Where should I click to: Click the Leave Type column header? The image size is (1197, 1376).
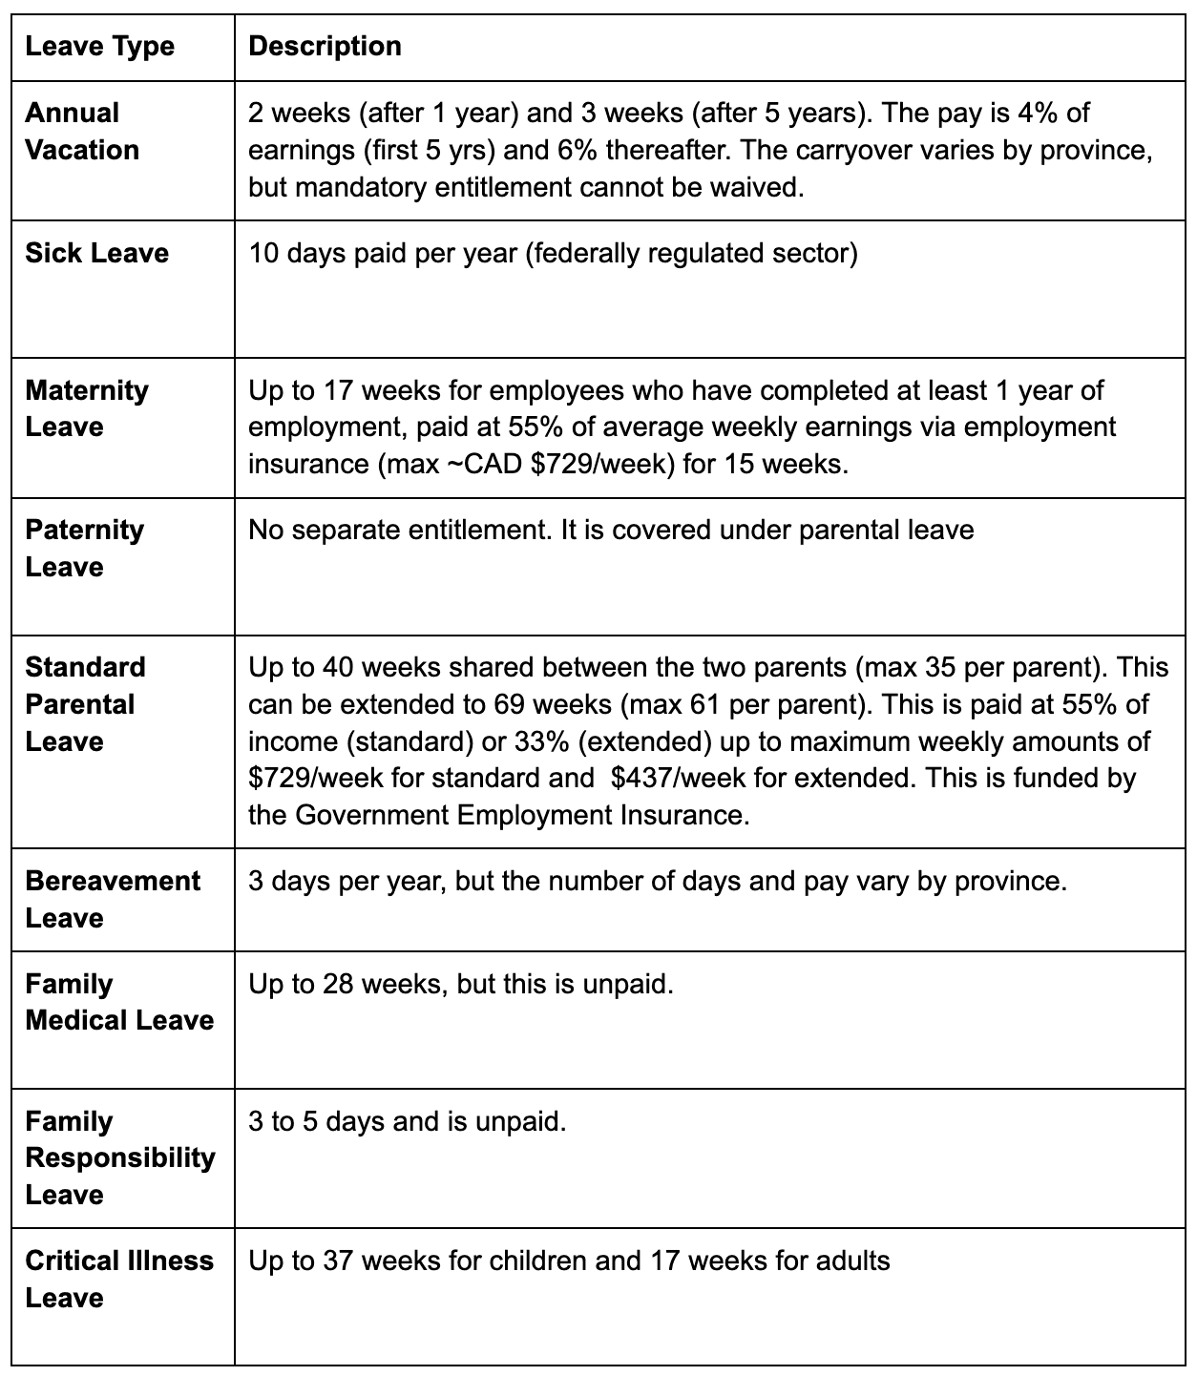[100, 47]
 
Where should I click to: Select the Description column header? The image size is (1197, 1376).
[325, 47]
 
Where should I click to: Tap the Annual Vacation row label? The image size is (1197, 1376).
[82, 132]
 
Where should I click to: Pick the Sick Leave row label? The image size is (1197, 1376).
[96, 253]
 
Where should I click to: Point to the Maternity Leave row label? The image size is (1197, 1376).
[87, 408]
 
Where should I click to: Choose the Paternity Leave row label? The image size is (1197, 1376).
[85, 548]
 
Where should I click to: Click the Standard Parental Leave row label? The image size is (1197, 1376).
[85, 704]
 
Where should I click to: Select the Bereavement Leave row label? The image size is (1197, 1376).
[113, 899]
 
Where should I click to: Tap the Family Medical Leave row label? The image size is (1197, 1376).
[119, 1002]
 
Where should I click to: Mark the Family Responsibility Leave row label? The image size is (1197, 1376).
[120, 1157]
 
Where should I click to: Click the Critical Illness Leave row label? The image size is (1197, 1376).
[119, 1279]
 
